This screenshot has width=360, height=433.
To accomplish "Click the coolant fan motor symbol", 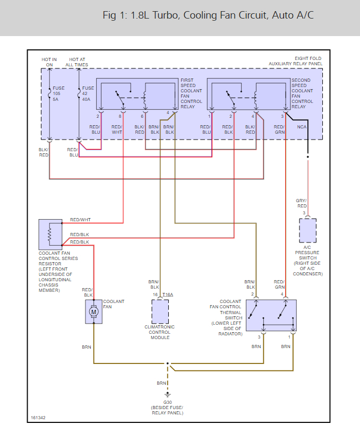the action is coord(93,312).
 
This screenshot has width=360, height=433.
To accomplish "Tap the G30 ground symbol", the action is coord(167,395).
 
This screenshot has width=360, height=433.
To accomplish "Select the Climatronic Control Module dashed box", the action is coord(160,311).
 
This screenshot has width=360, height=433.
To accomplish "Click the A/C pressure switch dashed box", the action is coord(308,231).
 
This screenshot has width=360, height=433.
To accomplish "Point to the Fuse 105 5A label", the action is coord(58,93).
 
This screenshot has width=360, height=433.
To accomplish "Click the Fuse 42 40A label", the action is coord(88,93).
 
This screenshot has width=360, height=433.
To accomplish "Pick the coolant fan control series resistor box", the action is coord(50,235).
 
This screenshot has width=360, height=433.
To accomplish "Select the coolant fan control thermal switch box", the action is coord(271,315).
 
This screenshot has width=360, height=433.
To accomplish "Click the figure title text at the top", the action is coord(208,15).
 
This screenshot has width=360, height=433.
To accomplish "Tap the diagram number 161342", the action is coord(38,418).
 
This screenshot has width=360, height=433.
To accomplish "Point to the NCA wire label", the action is coord(302,127).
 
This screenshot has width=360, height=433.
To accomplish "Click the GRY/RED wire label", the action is coord(302,203).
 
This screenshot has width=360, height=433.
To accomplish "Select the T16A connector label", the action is coord(168,295).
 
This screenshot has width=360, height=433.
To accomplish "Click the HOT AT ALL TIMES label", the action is coord(77,62).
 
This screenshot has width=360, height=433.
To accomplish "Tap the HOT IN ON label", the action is coord(49,62).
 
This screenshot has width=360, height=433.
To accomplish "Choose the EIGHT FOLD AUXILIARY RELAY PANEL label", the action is coord(296,61).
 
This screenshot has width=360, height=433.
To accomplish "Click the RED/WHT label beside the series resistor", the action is coord(80,220).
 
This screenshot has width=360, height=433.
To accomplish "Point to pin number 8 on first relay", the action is coord(120,116).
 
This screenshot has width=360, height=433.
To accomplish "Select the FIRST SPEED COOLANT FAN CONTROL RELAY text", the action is coord(191,93).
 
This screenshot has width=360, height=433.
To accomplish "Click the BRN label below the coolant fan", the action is coord(87,347).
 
